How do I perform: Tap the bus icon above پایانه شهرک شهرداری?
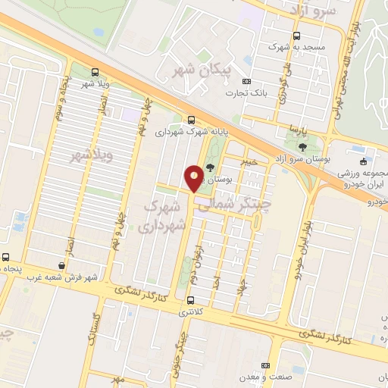click(191, 120)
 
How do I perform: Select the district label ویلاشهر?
click(92, 156)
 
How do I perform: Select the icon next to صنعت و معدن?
click(265, 365)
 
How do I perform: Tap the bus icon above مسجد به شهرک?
click(296, 35)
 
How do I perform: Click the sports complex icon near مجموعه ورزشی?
click(365, 161)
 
